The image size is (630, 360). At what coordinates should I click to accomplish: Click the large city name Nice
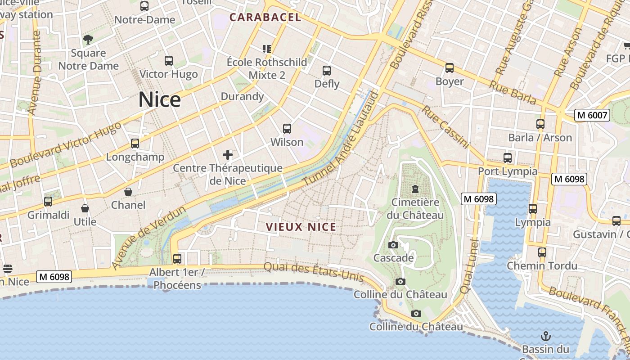pyautogui.click(x=159, y=99)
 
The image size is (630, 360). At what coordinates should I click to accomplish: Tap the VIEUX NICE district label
pyautogui.click(x=301, y=227)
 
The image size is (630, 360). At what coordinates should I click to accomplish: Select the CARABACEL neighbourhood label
pyautogui.click(x=265, y=18)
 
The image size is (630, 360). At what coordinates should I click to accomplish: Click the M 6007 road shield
pyautogui.click(x=592, y=115)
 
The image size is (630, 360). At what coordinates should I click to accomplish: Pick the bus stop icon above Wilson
pyautogui.click(x=287, y=129)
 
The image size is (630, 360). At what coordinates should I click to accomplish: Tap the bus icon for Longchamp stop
pyautogui.click(x=135, y=144)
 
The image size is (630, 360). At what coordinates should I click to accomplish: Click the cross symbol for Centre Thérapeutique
pyautogui.click(x=228, y=155)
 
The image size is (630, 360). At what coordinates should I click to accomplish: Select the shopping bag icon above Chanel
pyautogui.click(x=128, y=192)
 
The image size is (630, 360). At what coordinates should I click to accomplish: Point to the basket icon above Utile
pyautogui.click(x=85, y=208)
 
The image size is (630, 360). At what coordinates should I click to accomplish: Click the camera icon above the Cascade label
pyautogui.click(x=393, y=245)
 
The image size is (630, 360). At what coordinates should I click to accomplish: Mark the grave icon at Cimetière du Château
pyautogui.click(x=415, y=189)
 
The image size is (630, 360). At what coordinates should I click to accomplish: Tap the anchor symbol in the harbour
pyautogui.click(x=545, y=336)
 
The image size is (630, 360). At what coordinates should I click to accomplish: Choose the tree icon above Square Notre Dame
pyautogui.click(x=88, y=39)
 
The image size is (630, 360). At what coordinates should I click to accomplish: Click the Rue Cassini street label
pyautogui.click(x=445, y=127)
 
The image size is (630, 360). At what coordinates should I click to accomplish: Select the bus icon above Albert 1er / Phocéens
pyautogui.click(x=177, y=259)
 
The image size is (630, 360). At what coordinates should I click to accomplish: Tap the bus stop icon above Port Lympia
pyautogui.click(x=508, y=158)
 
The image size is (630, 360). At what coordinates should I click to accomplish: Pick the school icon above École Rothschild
pyautogui.click(x=267, y=49)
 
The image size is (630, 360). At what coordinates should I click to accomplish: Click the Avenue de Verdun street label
pyautogui.click(x=148, y=238)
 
